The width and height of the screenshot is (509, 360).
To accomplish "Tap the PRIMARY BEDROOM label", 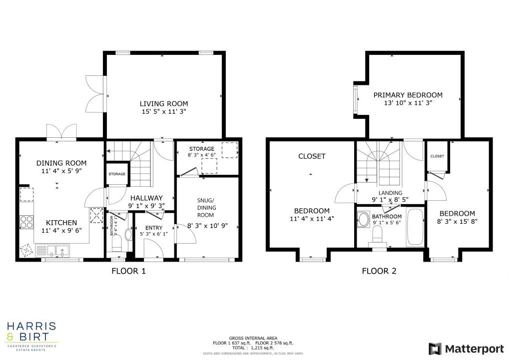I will tap(408, 95).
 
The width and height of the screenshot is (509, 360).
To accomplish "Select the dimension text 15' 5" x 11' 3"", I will tap(163, 112).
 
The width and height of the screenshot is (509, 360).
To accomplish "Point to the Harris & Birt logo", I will tap(31, 334).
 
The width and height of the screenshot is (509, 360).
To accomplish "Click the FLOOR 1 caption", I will tap(128, 271).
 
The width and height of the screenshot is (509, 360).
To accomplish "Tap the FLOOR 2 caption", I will tap(379, 271).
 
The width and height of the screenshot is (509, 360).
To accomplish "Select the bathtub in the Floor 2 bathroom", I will tap(415, 228).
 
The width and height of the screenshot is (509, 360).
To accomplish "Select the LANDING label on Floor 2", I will tap(390, 193).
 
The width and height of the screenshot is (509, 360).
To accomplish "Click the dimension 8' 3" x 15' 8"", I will tap(457, 222).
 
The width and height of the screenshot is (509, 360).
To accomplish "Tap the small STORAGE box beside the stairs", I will tap(117, 174).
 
